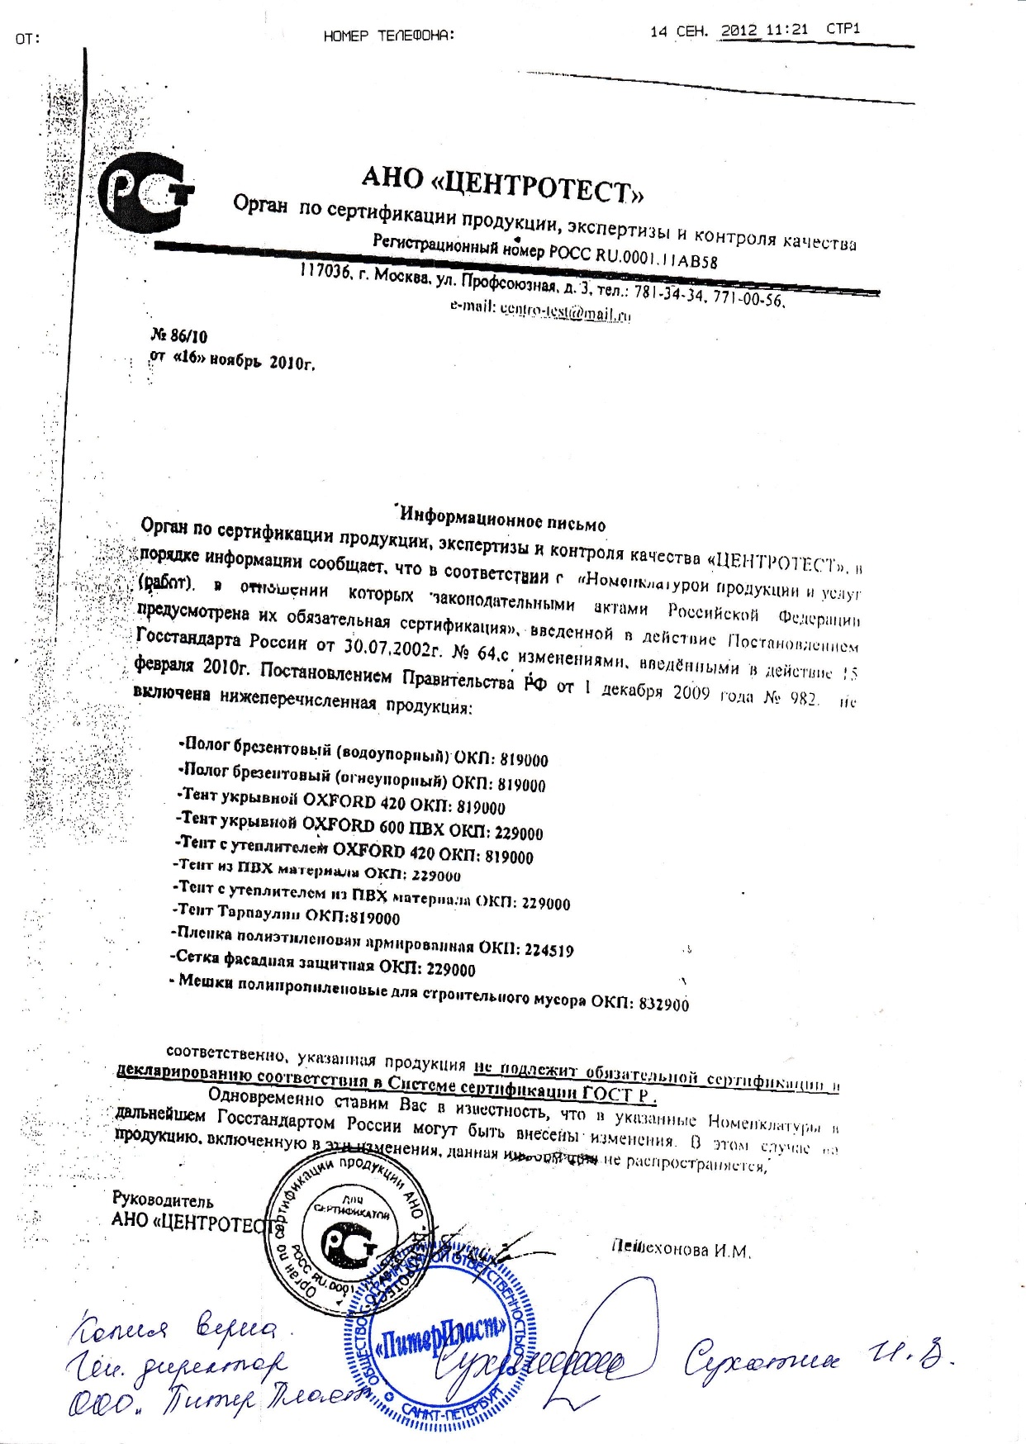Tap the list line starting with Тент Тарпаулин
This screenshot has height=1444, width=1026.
(x=287, y=914)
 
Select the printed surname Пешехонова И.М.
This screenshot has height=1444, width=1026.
(x=680, y=1250)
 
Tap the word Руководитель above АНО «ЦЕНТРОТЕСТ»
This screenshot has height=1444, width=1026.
(x=163, y=1201)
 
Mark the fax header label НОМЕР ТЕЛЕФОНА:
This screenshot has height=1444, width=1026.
(x=389, y=36)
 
